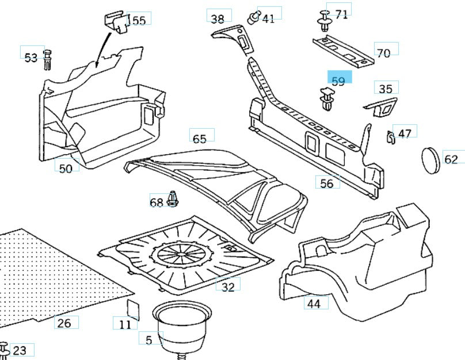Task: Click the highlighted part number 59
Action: pyautogui.click(x=338, y=81)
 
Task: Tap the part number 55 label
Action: pyautogui.click(x=139, y=20)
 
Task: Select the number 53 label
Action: pyautogui.click(x=31, y=58)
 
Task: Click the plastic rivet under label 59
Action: pyautogui.click(x=327, y=99)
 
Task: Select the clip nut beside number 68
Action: pyautogui.click(x=173, y=199)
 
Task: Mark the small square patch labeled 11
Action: pyautogui.click(x=133, y=308)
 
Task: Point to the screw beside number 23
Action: pyautogui.click(x=4, y=350)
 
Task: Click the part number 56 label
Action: pyautogui.click(x=327, y=183)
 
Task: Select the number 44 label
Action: pyautogui.click(x=314, y=303)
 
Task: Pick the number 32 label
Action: pyautogui.click(x=228, y=286)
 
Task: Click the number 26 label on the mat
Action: pyautogui.click(x=64, y=323)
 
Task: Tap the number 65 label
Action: pyautogui.click(x=200, y=139)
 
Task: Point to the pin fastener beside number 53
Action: pyautogui.click(x=47, y=60)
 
